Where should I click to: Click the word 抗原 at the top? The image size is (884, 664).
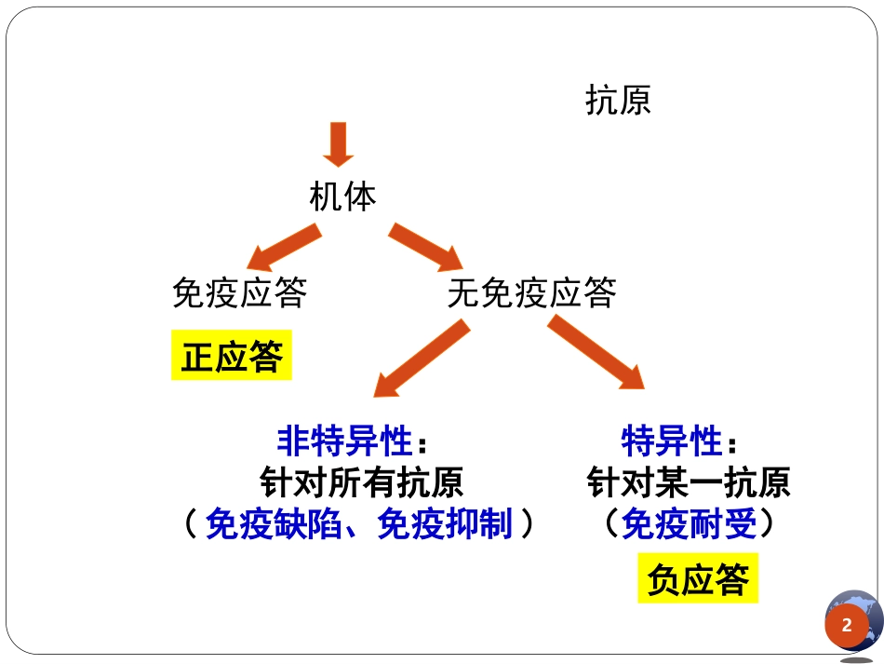618,100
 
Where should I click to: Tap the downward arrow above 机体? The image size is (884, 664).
337,145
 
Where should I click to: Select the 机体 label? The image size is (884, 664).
342,197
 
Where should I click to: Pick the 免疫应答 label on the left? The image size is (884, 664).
239,293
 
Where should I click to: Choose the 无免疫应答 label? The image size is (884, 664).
531,293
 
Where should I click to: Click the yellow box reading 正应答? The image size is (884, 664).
231,356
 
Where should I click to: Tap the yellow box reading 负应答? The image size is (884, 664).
698,579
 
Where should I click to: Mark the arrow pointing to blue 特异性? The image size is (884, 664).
596,353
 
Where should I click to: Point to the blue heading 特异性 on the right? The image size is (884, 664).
672,440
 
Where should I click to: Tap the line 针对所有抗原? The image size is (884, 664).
362,482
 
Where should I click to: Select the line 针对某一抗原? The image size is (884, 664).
689,482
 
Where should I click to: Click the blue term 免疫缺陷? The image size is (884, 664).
274,525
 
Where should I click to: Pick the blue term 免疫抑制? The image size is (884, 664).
445,525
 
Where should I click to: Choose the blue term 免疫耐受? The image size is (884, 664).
689,525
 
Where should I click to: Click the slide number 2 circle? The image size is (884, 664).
846,626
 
